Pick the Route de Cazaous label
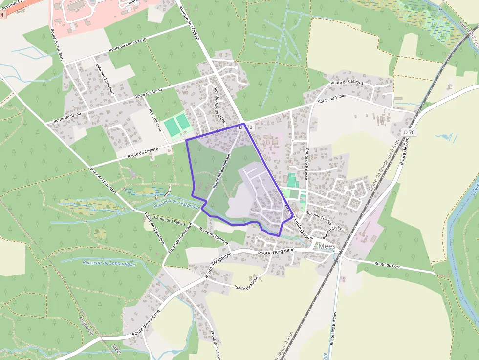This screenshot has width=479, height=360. [347, 82]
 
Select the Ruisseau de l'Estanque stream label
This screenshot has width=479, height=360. [177, 203]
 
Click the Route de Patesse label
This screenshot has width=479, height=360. [307, 164]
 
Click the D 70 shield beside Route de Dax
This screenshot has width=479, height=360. [409, 132]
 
